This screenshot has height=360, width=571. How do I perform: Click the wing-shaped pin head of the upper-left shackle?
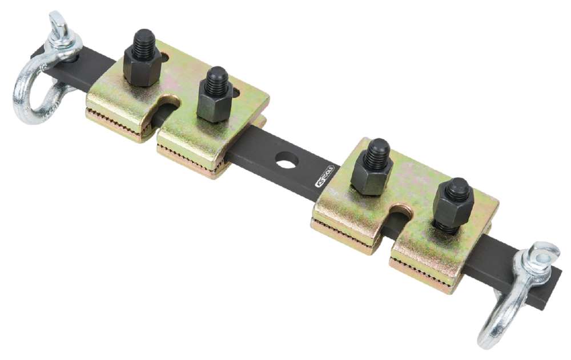pos(58,25)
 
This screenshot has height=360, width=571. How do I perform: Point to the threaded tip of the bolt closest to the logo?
pos(377,150)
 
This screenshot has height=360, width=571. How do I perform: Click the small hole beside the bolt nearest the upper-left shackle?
pos(164,57)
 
